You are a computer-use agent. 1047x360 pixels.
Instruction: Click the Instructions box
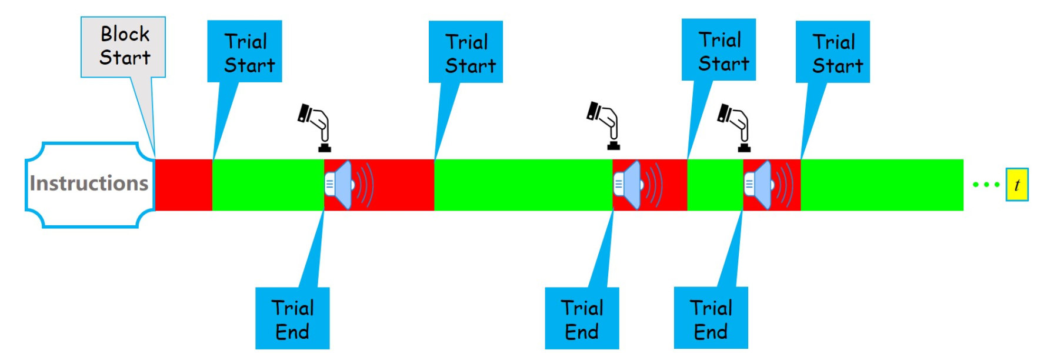point(89,184)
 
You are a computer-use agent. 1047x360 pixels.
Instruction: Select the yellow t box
point(1016,185)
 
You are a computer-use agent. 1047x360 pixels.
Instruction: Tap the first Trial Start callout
point(245,52)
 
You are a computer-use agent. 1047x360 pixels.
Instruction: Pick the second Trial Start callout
point(466,52)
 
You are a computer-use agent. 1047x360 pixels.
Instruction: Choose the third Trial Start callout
point(719,50)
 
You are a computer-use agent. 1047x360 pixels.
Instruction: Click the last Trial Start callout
point(833,52)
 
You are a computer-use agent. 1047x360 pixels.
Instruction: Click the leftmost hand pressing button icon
point(316,126)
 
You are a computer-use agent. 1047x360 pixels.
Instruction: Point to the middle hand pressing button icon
point(605,125)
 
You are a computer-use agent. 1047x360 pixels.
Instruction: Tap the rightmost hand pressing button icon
point(735,126)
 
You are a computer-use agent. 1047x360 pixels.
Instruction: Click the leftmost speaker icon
point(347,185)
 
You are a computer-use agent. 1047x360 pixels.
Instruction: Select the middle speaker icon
point(636,185)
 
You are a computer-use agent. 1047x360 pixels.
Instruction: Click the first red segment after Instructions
point(184,185)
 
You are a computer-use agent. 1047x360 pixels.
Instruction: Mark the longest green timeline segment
point(523,185)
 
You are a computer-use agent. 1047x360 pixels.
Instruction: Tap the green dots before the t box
point(986,185)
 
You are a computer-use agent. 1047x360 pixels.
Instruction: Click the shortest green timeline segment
point(715,185)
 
